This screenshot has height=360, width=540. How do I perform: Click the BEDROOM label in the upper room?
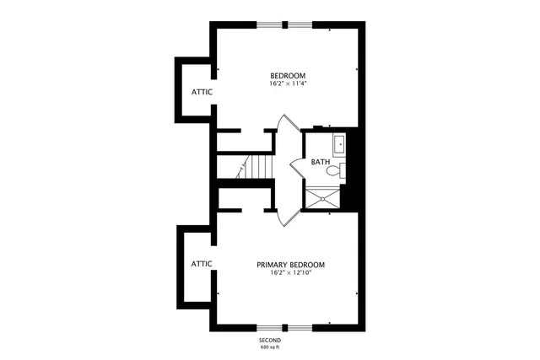287,74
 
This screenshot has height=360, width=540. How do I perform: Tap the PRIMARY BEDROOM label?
291,264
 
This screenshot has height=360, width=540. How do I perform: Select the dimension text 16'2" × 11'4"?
287,83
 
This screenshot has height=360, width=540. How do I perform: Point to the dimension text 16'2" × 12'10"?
291,273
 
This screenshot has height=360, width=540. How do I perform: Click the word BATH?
320,162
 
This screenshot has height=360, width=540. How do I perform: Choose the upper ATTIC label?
201,92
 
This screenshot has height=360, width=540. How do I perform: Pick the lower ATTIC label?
201,264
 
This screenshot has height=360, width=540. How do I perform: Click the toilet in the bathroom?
335,170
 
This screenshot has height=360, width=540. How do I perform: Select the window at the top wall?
284,24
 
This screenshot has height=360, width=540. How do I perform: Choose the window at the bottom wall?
284,327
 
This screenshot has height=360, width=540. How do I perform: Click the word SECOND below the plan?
270,339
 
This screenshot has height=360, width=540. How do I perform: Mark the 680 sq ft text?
270,347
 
